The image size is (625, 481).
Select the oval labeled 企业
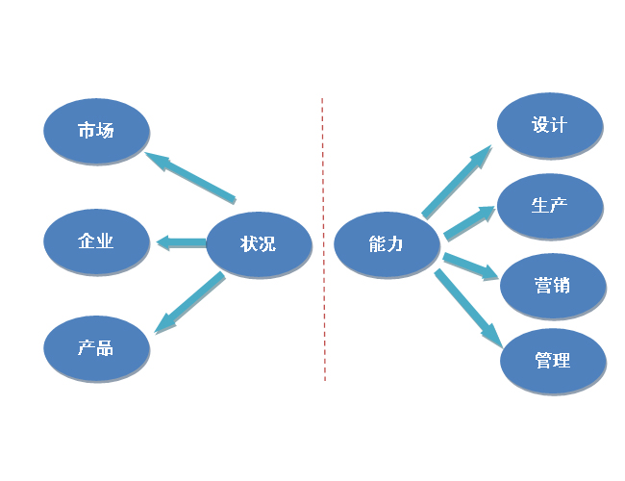[x=96, y=240]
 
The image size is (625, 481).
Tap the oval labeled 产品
[x=96, y=347]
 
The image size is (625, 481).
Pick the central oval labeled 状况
[x=259, y=244]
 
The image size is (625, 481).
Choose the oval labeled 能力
[x=386, y=244]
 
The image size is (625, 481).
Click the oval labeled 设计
[x=549, y=125]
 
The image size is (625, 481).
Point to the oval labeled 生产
[x=549, y=205]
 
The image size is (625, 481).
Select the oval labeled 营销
[x=552, y=286]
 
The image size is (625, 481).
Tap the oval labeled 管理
[x=552, y=361]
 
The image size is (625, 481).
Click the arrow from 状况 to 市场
[x=191, y=176]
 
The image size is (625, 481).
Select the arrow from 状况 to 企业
[x=181, y=242]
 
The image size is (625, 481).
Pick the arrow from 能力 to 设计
[x=457, y=182]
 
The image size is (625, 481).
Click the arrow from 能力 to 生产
[x=469, y=222]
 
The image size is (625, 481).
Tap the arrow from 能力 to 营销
[x=470, y=266]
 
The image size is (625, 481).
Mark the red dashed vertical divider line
[x=323, y=240]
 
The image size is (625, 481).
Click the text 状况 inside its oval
[x=259, y=244]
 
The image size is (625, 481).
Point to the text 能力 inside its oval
[x=386, y=244]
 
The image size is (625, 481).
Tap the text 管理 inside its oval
[x=552, y=361]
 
